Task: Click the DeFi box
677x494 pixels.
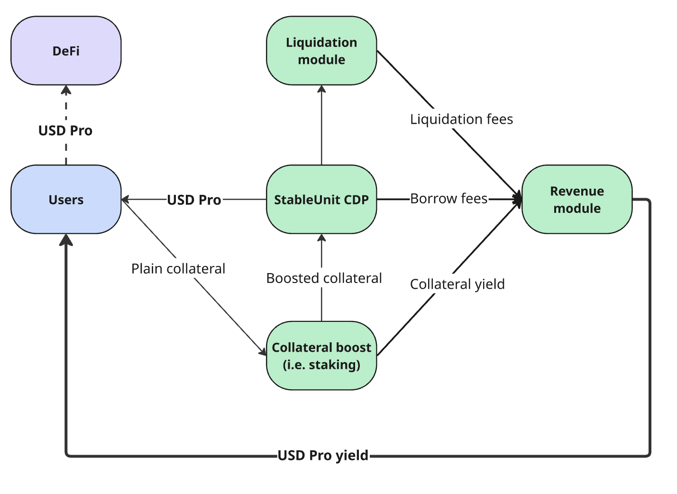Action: pos(66,51)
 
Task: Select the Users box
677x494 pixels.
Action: pos(66,200)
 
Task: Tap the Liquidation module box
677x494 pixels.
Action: pos(321,51)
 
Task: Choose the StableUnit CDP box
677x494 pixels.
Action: pos(321,200)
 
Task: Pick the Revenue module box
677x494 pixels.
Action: pos(577,200)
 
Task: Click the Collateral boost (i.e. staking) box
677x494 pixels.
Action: pos(321,356)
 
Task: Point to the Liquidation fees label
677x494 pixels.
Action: pos(461,119)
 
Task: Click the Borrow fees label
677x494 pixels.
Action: pos(448,199)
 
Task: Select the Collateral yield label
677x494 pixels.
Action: pos(457,284)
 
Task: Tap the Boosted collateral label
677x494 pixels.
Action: pos(324,278)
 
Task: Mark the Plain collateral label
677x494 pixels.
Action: pos(178,268)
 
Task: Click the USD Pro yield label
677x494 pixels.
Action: pos(323,456)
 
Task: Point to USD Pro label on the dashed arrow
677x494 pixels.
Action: pos(65,130)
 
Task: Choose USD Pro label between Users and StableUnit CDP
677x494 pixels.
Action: pos(194,200)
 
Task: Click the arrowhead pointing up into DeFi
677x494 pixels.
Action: pos(66,89)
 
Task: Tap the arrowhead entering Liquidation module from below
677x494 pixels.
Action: pos(321,89)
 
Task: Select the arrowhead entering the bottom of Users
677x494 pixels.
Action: pos(66,240)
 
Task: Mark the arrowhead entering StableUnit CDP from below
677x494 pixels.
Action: pos(321,238)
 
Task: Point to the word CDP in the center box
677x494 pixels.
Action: pos(356,200)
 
